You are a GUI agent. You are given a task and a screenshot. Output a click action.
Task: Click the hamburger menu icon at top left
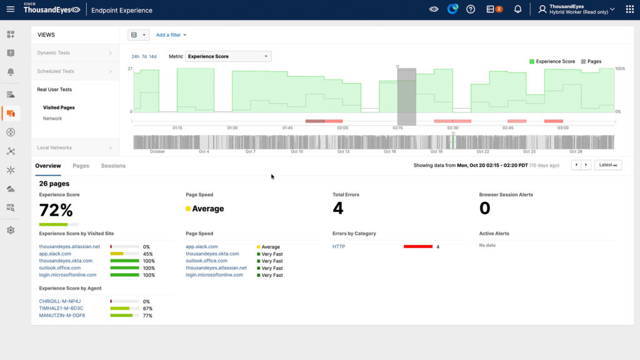pyautogui.click(x=10, y=9)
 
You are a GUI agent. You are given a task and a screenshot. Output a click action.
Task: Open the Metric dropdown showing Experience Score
pyautogui.click(x=228, y=56)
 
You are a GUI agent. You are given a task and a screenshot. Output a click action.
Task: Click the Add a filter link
pyautogui.click(x=171, y=35)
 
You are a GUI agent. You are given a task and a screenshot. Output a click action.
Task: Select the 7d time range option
pyautogui.click(x=144, y=57)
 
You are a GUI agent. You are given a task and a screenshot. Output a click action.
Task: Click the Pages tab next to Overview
pyautogui.click(x=81, y=166)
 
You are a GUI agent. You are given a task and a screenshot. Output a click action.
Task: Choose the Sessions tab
pyautogui.click(x=113, y=166)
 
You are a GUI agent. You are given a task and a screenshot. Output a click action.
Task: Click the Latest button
pyautogui.click(x=607, y=165)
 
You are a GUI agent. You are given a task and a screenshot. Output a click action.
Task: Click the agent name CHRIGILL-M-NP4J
pyautogui.click(x=60, y=301)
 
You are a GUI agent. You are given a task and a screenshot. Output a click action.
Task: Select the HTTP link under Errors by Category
pyautogui.click(x=339, y=247)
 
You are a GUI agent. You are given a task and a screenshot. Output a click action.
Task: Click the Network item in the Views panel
pyautogui.click(x=52, y=118)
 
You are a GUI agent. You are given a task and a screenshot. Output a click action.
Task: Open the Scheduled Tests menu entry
pyautogui.click(x=56, y=71)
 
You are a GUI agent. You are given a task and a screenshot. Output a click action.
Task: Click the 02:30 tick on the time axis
pyautogui.click(x=452, y=127)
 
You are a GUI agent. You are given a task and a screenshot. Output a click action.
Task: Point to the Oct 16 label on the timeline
pyautogui.click(x=390, y=151)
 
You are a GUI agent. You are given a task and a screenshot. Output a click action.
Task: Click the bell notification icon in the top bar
pyautogui.click(x=517, y=9)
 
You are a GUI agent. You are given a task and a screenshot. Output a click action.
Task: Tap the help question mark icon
pyautogui.click(x=471, y=9)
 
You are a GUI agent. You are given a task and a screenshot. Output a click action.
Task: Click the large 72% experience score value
pyautogui.click(x=57, y=210)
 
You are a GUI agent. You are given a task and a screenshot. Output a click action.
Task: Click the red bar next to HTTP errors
pyautogui.click(x=418, y=247)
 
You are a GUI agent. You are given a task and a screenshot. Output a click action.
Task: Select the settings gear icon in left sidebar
pyautogui.click(x=11, y=230)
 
